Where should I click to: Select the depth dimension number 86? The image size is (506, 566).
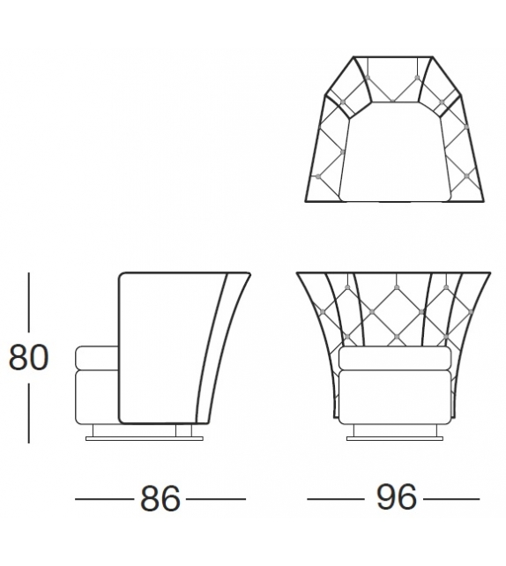tap(160, 499)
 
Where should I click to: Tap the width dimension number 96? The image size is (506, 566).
tap(396, 498)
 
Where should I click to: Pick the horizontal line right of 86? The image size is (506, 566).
tap(215, 499)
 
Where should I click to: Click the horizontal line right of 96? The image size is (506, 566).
tap(450, 499)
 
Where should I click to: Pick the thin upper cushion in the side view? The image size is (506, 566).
tap(96, 358)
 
